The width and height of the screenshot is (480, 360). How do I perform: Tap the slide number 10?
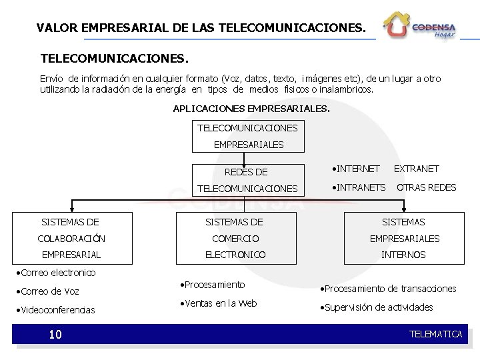(55, 334)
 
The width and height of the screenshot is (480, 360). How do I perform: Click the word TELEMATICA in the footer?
(435, 334)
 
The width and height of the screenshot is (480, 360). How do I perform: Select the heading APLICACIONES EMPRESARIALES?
(251, 108)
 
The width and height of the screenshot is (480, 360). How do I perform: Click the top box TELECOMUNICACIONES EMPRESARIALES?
(248, 135)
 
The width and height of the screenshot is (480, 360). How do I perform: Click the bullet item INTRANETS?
(359, 187)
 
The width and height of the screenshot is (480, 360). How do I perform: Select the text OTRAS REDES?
(427, 187)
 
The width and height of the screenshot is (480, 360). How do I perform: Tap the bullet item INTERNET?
(357, 169)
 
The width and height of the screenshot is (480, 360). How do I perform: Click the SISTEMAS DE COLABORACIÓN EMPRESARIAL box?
(71, 238)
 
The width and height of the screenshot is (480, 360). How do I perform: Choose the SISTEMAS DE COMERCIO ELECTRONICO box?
(235, 238)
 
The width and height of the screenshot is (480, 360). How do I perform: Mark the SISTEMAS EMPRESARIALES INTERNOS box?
(403, 238)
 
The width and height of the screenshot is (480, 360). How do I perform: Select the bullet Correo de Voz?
(51, 291)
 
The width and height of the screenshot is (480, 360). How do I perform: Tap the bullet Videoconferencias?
(57, 310)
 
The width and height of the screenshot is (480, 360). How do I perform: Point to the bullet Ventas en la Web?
(219, 304)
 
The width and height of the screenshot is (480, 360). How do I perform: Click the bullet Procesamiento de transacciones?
(389, 289)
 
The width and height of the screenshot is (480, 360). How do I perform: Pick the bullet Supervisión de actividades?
(377, 307)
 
